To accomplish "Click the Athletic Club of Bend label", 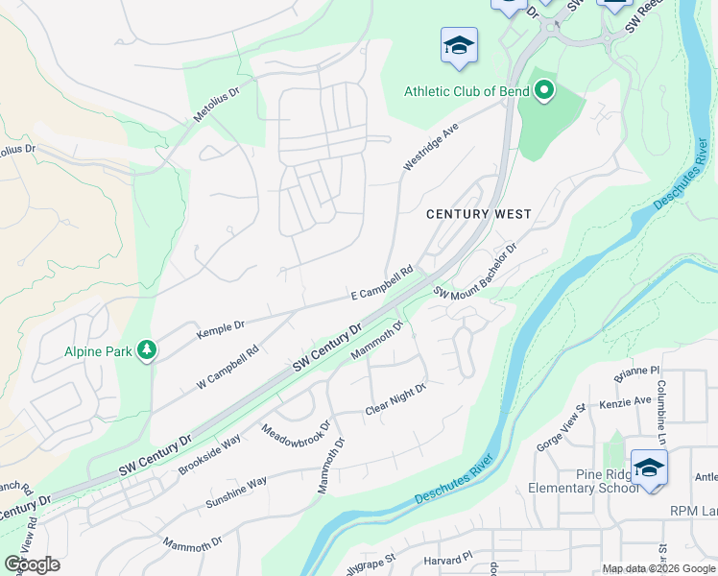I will [467, 91].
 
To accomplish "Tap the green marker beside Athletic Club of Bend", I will [544, 92].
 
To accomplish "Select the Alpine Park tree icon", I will [147, 351].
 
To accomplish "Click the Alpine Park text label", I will [98, 352].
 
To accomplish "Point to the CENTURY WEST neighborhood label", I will [478, 214].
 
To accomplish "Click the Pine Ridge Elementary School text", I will [584, 481].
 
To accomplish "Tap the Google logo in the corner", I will [31, 564].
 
